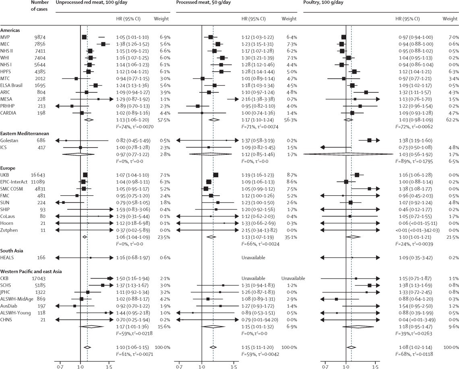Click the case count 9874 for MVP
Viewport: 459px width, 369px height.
click(42, 37)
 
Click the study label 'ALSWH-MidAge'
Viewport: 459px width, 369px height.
click(17, 299)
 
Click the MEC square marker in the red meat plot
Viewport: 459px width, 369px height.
click(103, 44)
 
